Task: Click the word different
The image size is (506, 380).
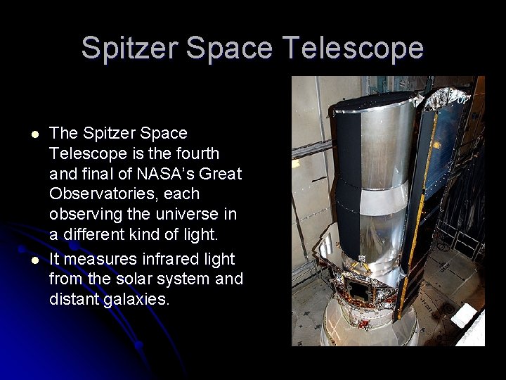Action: pyautogui.click(x=95, y=234)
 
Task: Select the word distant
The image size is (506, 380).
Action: pyautogui.click(x=74, y=299)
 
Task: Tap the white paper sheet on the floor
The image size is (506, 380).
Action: pyautogui.click(x=466, y=316)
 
